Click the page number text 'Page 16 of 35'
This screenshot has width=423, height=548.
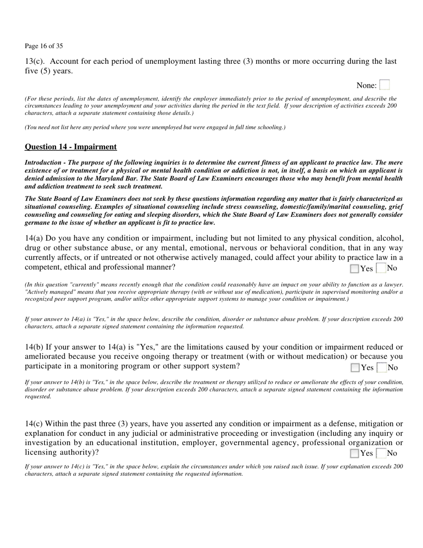click(x=44, y=46)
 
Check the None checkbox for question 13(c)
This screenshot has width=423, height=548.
click(x=385, y=85)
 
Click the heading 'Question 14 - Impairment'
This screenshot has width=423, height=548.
click(x=71, y=147)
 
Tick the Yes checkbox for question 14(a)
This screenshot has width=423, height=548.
click(x=354, y=268)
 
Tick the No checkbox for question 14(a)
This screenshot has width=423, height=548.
click(x=381, y=268)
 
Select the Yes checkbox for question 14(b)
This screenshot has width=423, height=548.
click(x=355, y=368)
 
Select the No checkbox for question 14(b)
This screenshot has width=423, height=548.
click(x=382, y=368)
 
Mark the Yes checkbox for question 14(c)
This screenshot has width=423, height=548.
click(x=354, y=454)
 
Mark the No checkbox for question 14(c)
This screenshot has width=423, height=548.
click(x=381, y=454)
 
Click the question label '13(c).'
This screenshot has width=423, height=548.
click(x=35, y=61)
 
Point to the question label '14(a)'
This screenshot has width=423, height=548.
click(x=34, y=238)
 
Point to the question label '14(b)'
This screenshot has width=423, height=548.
click(x=34, y=347)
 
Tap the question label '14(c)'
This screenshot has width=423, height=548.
click(x=34, y=424)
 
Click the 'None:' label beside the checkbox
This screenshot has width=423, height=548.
click(x=366, y=86)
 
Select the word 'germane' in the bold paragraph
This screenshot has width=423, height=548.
click(x=36, y=223)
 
